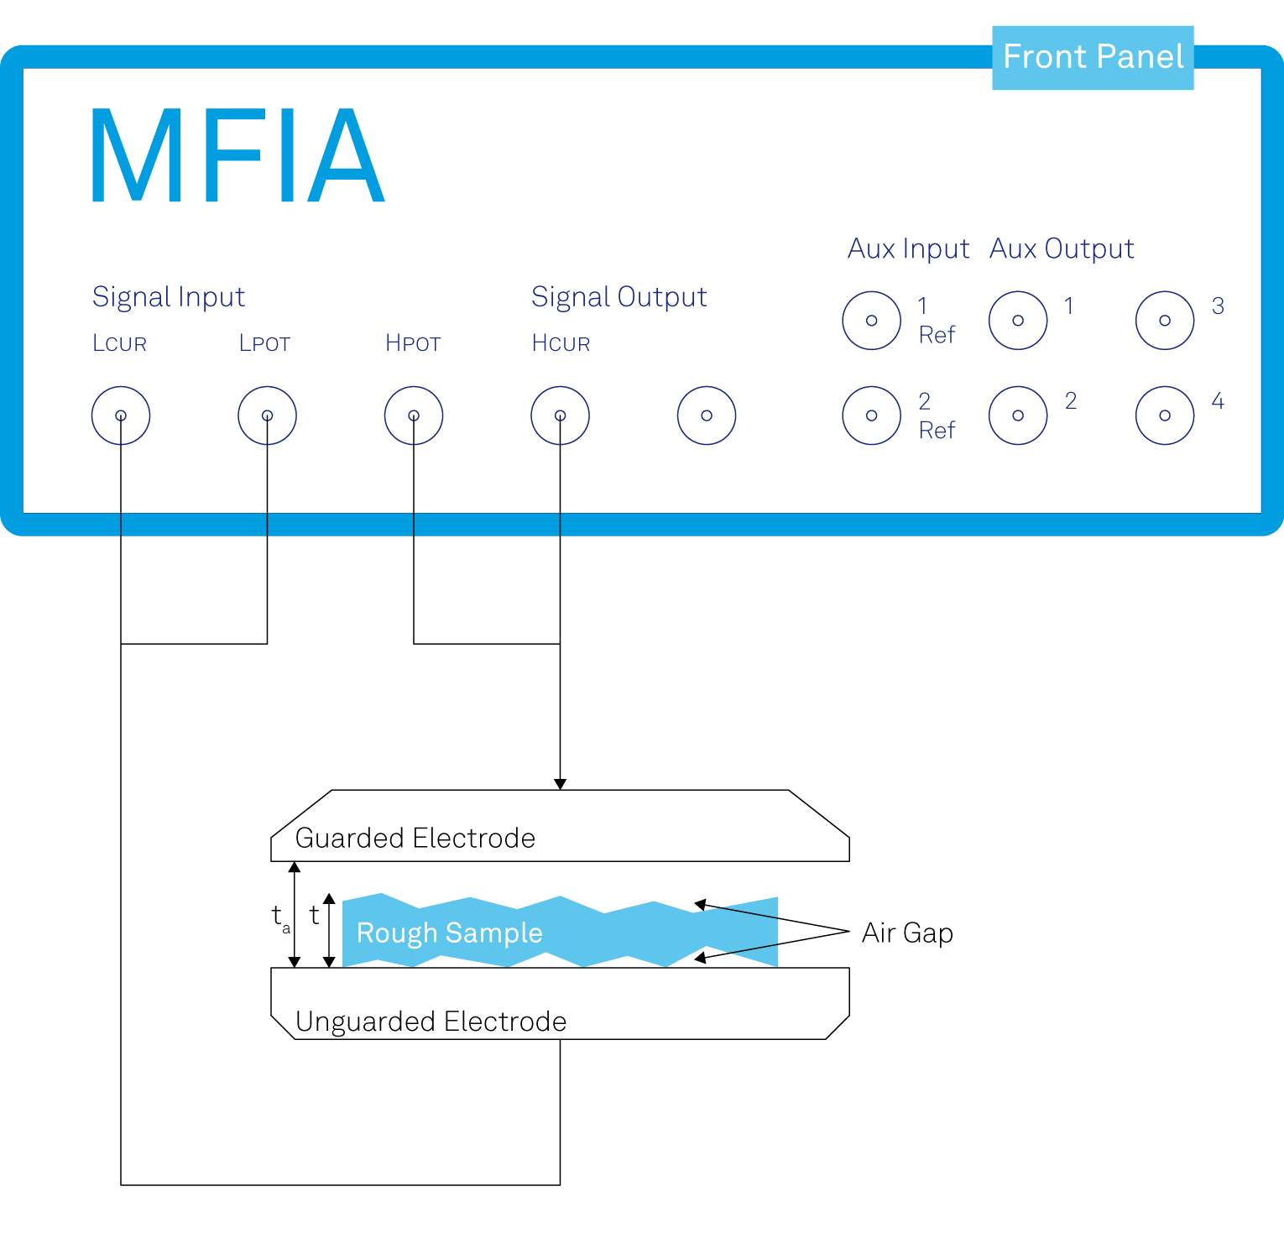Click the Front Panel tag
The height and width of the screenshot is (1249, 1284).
[x=1092, y=57]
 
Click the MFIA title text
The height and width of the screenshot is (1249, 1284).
[x=237, y=156]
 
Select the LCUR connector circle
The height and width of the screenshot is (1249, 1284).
[x=121, y=415]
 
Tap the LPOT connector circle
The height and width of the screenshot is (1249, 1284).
[x=267, y=415]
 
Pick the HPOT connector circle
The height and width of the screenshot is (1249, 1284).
[x=414, y=415]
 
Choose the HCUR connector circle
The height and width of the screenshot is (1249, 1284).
[x=560, y=415]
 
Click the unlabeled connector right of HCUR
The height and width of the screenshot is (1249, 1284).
[x=707, y=415]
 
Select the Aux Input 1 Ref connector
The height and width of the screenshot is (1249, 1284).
[x=872, y=321]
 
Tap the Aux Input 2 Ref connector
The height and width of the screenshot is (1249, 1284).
[x=872, y=415]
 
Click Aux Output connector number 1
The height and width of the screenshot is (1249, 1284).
[x=1018, y=321]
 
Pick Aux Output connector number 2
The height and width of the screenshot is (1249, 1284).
[x=1018, y=415]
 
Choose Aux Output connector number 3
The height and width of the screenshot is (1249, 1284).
[x=1165, y=321]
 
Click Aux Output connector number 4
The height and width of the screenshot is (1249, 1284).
[x=1165, y=415]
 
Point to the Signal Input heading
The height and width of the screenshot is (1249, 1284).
[x=168, y=297]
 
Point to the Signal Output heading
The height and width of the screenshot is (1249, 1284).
[x=619, y=297]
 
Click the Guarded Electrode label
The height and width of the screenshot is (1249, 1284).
[x=415, y=838]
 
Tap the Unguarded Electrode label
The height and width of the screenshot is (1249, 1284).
[x=431, y=1022]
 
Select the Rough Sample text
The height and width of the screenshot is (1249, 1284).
[x=449, y=933]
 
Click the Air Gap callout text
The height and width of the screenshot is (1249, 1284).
[x=907, y=933]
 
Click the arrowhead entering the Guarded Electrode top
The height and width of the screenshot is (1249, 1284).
[x=560, y=785]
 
